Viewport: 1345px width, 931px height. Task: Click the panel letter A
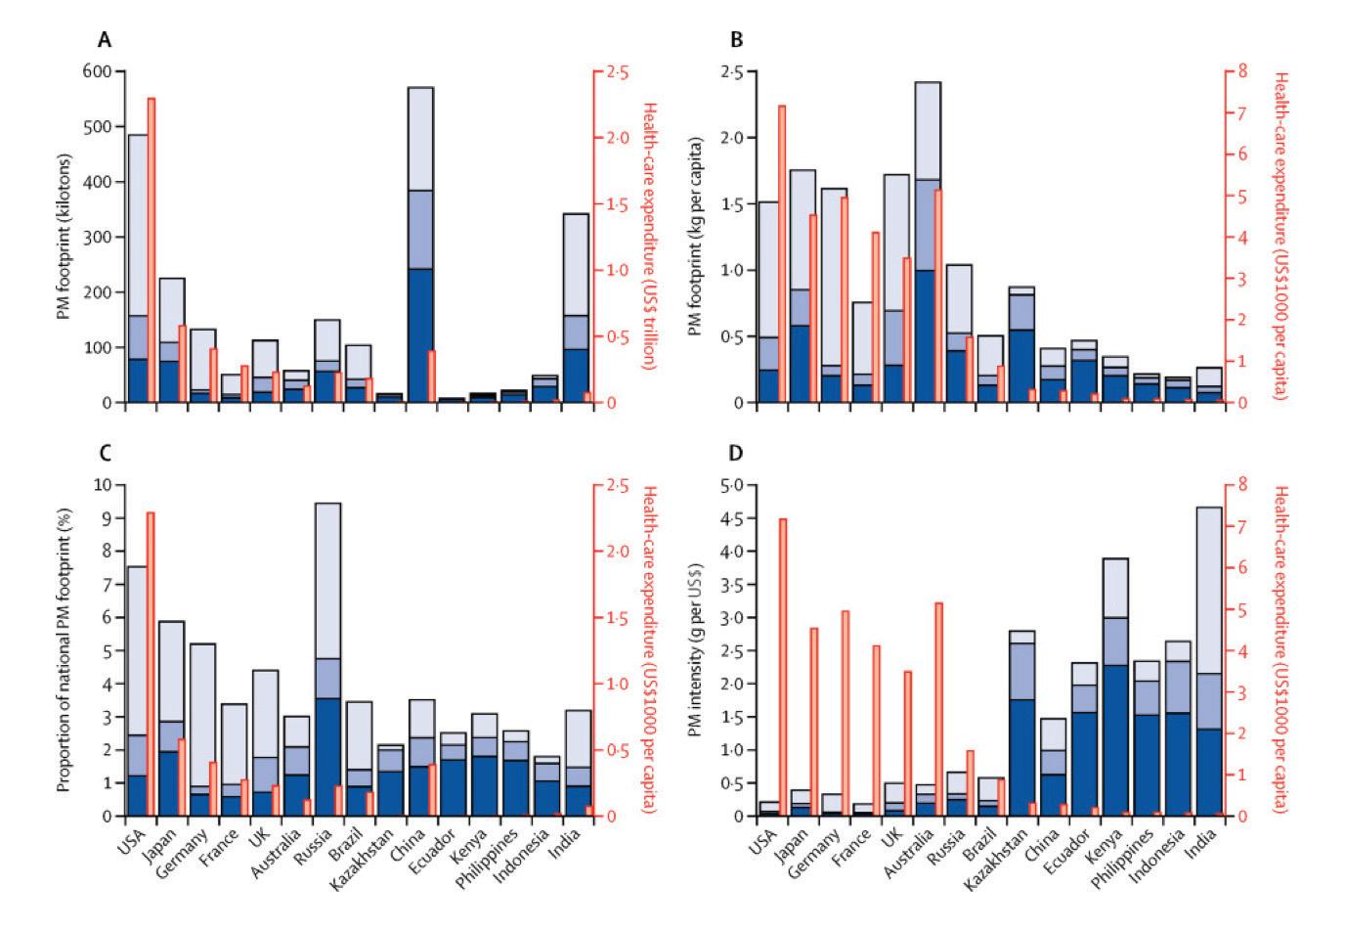coord(103,40)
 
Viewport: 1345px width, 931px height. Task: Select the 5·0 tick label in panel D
coord(731,485)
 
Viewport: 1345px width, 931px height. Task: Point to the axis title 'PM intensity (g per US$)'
coord(696,650)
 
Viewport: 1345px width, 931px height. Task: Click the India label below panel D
coord(1200,838)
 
